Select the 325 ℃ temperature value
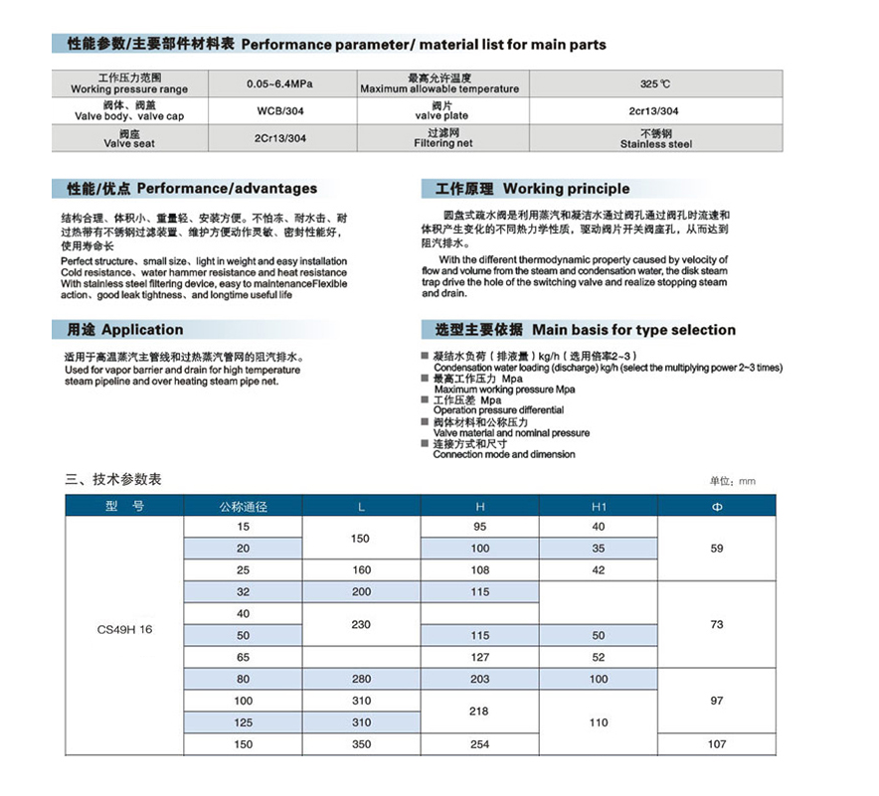655,83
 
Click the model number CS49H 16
125,629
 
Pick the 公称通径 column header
244,506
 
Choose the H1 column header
598,506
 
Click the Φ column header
717,506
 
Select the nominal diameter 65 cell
244,657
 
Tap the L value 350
361,743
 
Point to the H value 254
479,743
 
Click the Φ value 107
717,743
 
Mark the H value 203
479,679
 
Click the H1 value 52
598,657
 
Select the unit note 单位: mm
732,481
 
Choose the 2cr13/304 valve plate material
655,111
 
